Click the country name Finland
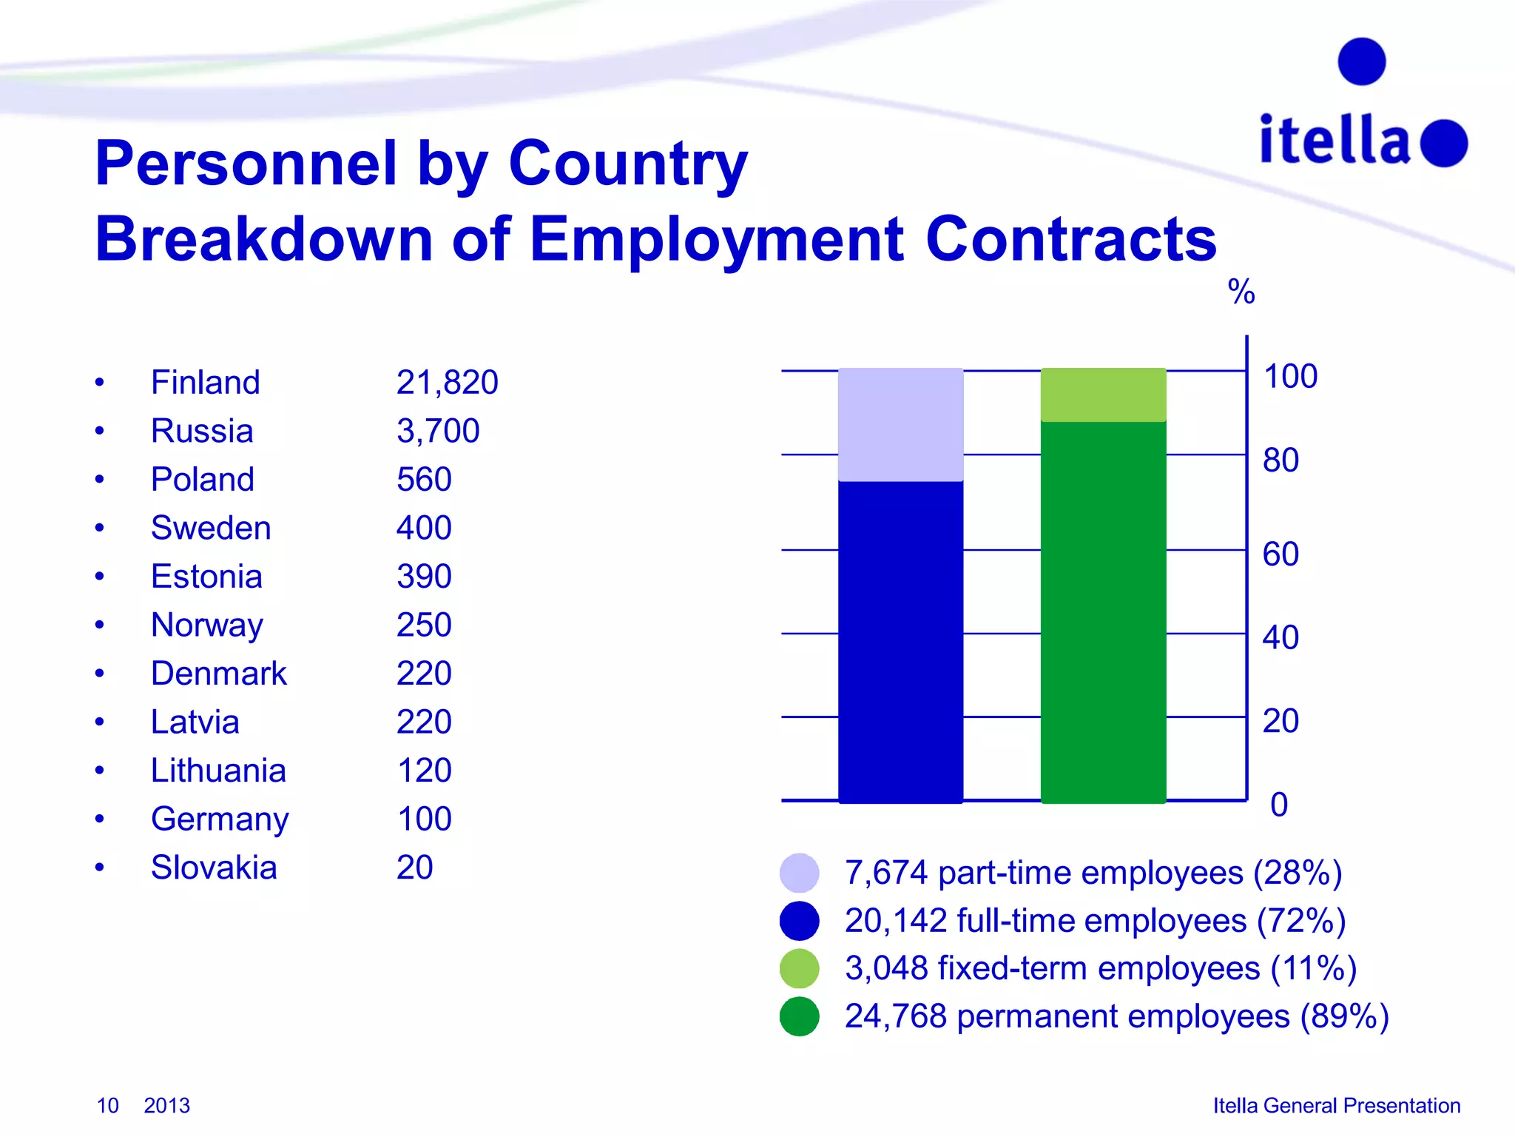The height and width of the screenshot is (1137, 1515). [x=205, y=383]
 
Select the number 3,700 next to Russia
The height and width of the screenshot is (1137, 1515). [x=438, y=431]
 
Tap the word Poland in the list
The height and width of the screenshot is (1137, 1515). [x=202, y=480]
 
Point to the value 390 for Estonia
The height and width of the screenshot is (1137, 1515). [x=424, y=577]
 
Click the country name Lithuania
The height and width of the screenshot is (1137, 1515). [x=218, y=771]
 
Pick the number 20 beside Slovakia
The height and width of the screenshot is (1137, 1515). [x=414, y=868]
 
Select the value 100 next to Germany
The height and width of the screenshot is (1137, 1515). [x=424, y=819]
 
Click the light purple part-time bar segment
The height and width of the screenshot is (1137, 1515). [x=900, y=425]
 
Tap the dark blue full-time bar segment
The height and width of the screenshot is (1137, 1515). [x=900, y=641]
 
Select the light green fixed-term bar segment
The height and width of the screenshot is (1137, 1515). [x=1103, y=395]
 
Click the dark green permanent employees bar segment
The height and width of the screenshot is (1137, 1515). [x=1103, y=611]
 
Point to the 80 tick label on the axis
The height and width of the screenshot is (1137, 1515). [x=1281, y=460]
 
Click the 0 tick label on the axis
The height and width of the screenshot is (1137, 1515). [x=1279, y=805]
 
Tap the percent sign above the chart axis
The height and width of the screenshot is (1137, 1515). [x=1241, y=292]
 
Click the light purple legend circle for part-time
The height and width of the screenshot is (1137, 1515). [x=799, y=873]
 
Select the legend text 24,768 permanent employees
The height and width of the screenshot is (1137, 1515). [x=1116, y=1016]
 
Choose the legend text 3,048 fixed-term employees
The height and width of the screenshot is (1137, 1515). [x=1100, y=968]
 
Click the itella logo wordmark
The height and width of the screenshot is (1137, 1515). [x=1335, y=140]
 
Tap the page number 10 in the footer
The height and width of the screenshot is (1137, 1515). [x=107, y=1105]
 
